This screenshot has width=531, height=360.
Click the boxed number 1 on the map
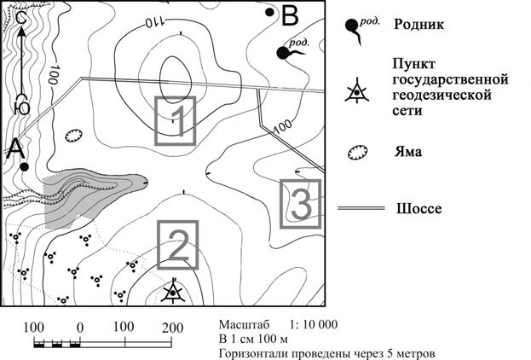pyautogui.click(x=176, y=121)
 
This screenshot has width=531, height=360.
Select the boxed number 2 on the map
pyautogui.click(x=178, y=245)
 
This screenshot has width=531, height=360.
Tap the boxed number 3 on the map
pyautogui.click(x=300, y=204)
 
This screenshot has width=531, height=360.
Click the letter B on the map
pyautogui.click(x=290, y=15)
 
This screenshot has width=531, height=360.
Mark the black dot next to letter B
pyautogui.click(x=269, y=13)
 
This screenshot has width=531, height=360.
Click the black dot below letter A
pyautogui.click(x=24, y=167)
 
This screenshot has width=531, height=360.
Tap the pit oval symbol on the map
pyautogui.click(x=73, y=136)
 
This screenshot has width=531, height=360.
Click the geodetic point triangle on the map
pyautogui.click(x=173, y=292)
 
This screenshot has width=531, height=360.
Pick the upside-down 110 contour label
pyautogui.click(x=155, y=22)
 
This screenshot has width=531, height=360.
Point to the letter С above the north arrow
pyautogui.click(x=22, y=20)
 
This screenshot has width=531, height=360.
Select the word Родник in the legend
pyautogui.click(x=418, y=25)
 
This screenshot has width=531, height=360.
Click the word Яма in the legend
pyautogui.click(x=408, y=151)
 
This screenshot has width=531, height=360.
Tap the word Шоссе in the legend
pyautogui.click(x=418, y=208)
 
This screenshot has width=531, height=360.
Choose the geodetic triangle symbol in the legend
pyautogui.click(x=356, y=90)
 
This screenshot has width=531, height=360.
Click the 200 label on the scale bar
pyautogui.click(x=172, y=328)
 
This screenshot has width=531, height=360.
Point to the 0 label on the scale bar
pyautogui.click(x=80, y=328)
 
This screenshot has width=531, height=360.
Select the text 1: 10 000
pyautogui.click(x=314, y=324)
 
